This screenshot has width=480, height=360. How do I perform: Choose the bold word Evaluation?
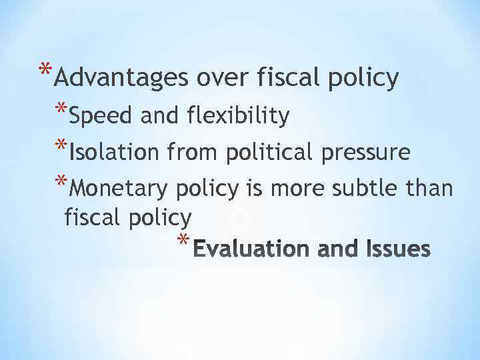click(257, 249)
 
